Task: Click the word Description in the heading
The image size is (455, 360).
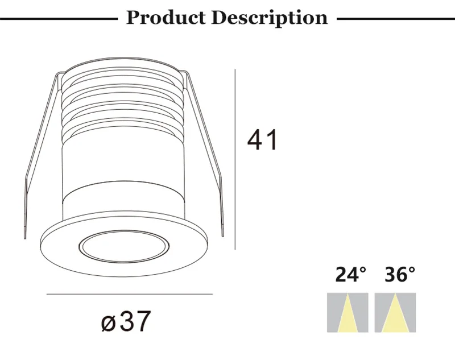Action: click(270, 17)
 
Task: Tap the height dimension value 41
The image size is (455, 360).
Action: click(262, 140)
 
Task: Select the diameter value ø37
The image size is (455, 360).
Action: click(126, 322)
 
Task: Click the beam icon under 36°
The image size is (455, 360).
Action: click(395, 313)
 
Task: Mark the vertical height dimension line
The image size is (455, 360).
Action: click(235, 159)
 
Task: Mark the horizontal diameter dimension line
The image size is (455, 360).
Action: click(129, 295)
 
